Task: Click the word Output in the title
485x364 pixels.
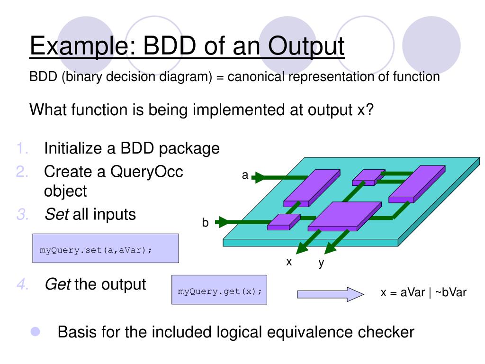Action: coord(306,47)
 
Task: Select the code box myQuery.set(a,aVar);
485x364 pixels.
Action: coord(105,248)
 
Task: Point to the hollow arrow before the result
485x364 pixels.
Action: coord(330,294)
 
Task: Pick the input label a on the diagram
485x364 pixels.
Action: coord(245,175)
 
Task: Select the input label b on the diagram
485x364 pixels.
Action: coord(206,223)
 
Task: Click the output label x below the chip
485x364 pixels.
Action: coord(288,261)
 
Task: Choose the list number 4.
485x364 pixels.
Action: coord(22,285)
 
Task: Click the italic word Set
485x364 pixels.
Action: coord(56,214)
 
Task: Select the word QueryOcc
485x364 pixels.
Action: coord(147,171)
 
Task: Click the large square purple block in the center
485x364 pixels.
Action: coord(344,216)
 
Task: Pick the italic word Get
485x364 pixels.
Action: coord(57,285)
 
